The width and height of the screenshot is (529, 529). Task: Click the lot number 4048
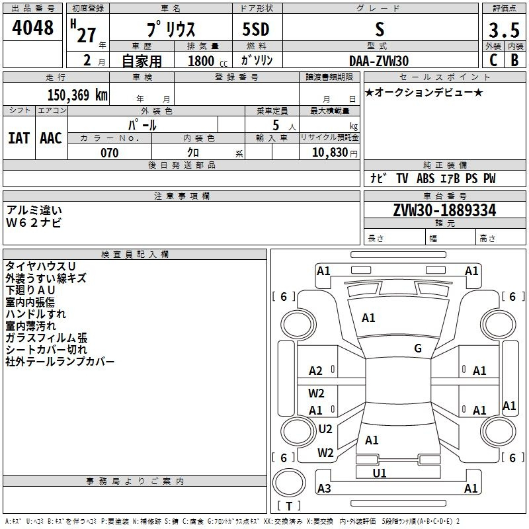(32, 28)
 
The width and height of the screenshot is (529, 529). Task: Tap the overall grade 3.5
(504, 30)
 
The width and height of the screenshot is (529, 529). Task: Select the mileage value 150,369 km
(77, 95)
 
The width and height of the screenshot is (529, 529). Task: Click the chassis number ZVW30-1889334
(444, 210)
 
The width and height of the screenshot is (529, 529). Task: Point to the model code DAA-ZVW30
(379, 61)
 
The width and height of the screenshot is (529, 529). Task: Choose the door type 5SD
(256, 29)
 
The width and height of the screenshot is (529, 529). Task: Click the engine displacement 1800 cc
(208, 61)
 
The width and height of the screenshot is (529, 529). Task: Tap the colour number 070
(110, 153)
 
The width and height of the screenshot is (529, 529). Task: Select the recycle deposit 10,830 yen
(335, 153)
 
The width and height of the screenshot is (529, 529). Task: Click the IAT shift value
(19, 138)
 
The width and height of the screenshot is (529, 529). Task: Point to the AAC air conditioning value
(51, 138)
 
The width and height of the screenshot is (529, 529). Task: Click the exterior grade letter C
(493, 60)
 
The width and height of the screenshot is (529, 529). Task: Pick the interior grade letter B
(514, 60)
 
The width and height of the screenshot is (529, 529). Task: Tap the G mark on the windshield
(418, 348)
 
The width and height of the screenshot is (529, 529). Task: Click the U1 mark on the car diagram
(380, 473)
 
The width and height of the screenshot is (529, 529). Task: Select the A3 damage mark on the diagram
(324, 488)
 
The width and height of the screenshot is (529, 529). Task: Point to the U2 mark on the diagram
(325, 428)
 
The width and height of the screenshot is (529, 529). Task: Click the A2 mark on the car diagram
(315, 371)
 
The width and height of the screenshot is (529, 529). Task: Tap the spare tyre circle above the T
(289, 483)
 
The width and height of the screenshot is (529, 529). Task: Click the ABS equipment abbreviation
(425, 179)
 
